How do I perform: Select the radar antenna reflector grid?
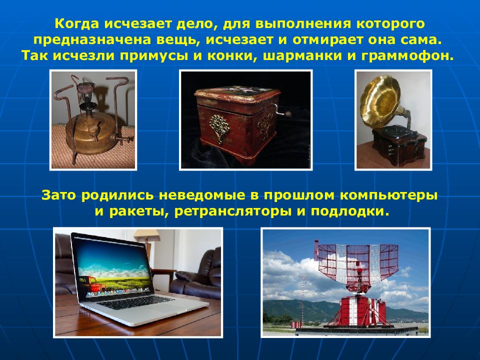pyautogui.click(x=358, y=261)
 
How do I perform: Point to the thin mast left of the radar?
pyautogui.click(x=303, y=299)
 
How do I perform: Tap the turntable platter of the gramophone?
pyautogui.click(x=397, y=133)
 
